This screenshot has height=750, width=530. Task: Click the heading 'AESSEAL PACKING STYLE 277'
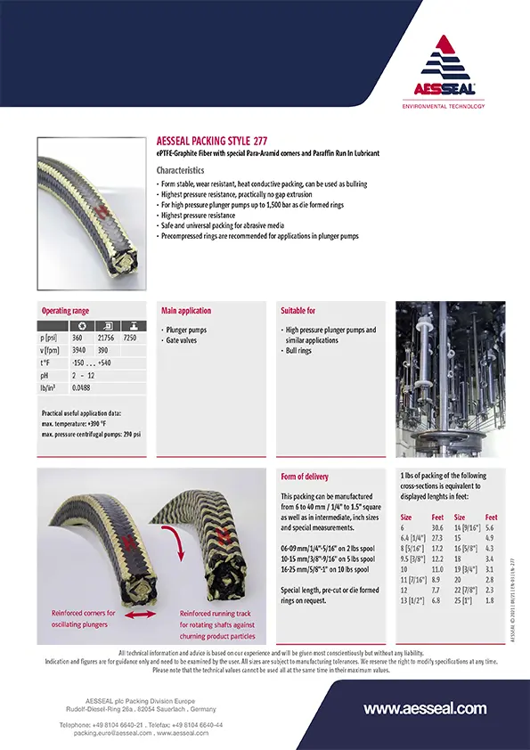(x=210, y=141)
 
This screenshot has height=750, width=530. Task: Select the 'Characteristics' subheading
(x=180, y=170)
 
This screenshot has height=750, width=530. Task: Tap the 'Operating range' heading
(x=66, y=311)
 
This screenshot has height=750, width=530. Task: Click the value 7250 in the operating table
(x=131, y=338)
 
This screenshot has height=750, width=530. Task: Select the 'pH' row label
(x=45, y=376)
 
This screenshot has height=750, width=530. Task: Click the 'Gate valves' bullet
(x=182, y=340)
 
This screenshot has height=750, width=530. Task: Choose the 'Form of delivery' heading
(x=305, y=476)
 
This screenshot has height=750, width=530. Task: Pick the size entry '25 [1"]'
(x=465, y=600)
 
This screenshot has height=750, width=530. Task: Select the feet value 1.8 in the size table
(x=490, y=600)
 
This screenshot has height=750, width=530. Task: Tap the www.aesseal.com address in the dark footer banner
(x=425, y=709)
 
